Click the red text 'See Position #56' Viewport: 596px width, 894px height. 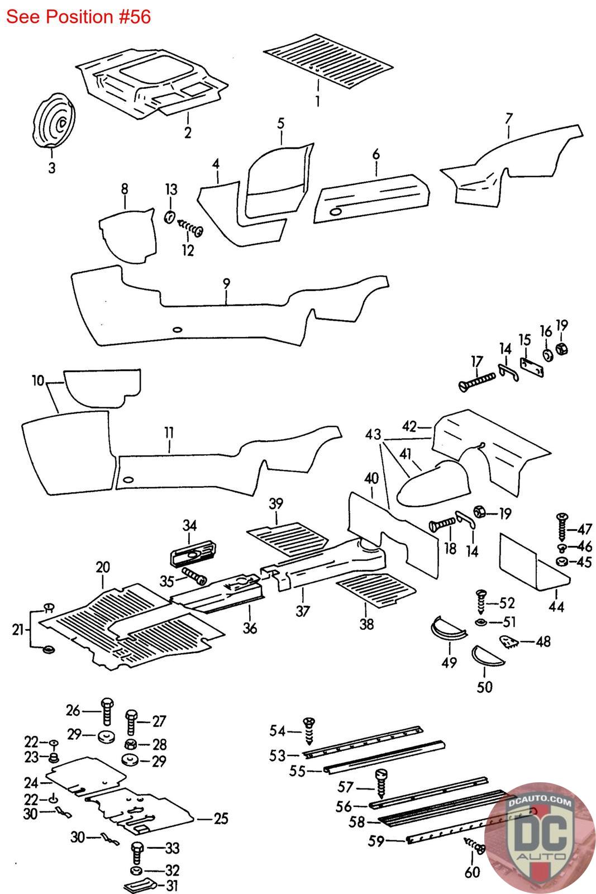click(79, 17)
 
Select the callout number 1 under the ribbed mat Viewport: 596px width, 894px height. click(317, 102)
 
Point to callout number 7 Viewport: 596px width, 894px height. click(508, 118)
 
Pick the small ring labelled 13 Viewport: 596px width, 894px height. click(170, 216)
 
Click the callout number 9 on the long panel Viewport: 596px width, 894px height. click(226, 283)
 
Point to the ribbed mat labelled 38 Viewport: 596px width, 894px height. click(375, 590)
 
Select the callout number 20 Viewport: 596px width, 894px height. click(103, 567)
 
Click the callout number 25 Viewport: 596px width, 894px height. click(221, 819)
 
